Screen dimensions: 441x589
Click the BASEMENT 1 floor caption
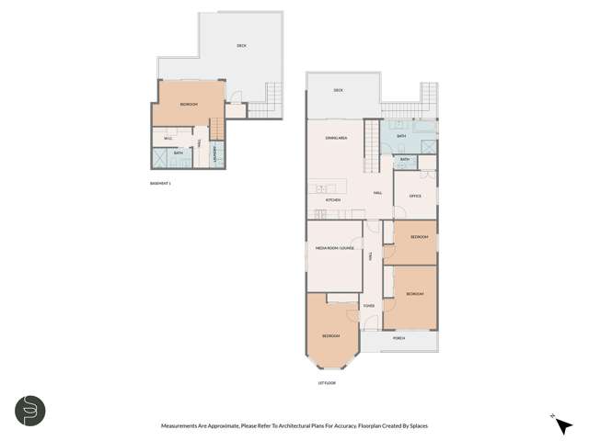point(160,184)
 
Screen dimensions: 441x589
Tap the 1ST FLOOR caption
point(327,382)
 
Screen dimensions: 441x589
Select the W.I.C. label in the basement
point(168,139)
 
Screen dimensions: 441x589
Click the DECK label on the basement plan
point(241,45)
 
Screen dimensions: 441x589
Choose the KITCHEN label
point(333,199)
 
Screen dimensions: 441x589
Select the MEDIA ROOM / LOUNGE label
point(335,248)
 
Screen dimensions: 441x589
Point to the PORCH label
point(398,338)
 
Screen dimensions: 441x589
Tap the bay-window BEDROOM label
point(331,336)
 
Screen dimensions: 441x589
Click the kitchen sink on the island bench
point(321,188)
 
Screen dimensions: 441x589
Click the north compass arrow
point(563,424)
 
